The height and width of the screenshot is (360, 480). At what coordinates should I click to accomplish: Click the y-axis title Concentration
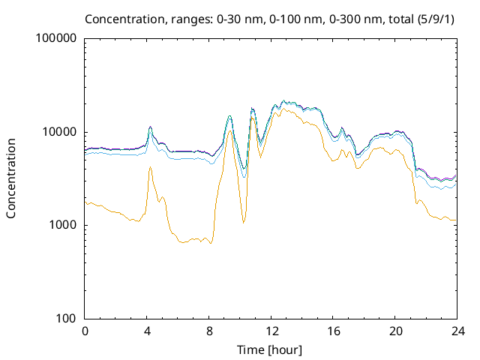click(11, 178)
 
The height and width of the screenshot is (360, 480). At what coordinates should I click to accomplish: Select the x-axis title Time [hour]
click(271, 349)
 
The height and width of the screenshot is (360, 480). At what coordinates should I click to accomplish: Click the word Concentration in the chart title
click(122, 18)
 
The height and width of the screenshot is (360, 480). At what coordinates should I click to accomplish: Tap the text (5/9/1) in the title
click(435, 18)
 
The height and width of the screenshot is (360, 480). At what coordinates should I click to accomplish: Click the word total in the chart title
click(396, 18)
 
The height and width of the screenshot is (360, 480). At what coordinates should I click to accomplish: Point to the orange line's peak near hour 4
click(150, 167)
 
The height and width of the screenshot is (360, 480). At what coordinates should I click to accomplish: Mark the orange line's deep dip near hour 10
click(243, 223)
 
